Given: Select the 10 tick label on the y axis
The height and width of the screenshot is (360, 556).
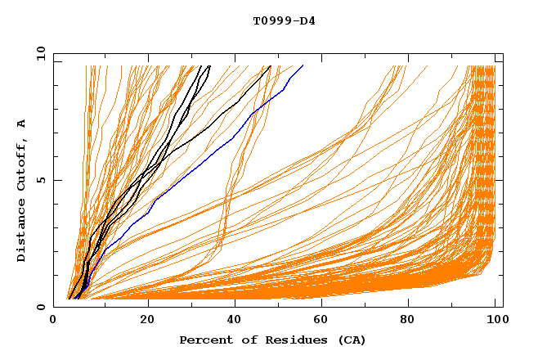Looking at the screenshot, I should click(38, 53).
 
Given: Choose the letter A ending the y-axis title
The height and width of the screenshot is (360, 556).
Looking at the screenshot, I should click(22, 124).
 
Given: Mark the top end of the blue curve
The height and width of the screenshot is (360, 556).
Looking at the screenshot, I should click(303, 66).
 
